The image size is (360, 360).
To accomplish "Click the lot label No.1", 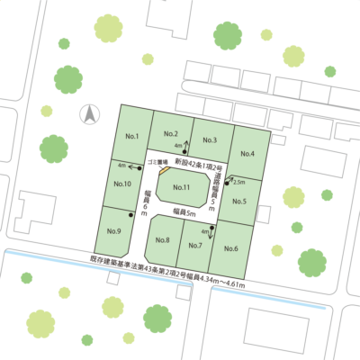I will click(130, 136).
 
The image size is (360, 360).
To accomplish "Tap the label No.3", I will click(210, 139).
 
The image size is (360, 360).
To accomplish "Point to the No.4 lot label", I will click(247, 154).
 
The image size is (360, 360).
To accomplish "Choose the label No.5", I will click(239, 200).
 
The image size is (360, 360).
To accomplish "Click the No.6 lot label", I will click(229, 247).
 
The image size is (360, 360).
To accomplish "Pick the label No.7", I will click(194, 244).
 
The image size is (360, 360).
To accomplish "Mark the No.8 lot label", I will click(162, 239).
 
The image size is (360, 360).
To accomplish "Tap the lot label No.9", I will click(113, 230).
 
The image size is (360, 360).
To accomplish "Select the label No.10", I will click(123, 184).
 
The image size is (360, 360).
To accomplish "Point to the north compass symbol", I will click(89, 113).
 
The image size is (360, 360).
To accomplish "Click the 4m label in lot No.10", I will click(121, 166).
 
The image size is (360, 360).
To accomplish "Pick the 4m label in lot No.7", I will click(205, 231).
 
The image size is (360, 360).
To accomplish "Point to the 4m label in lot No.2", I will click(178, 145).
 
